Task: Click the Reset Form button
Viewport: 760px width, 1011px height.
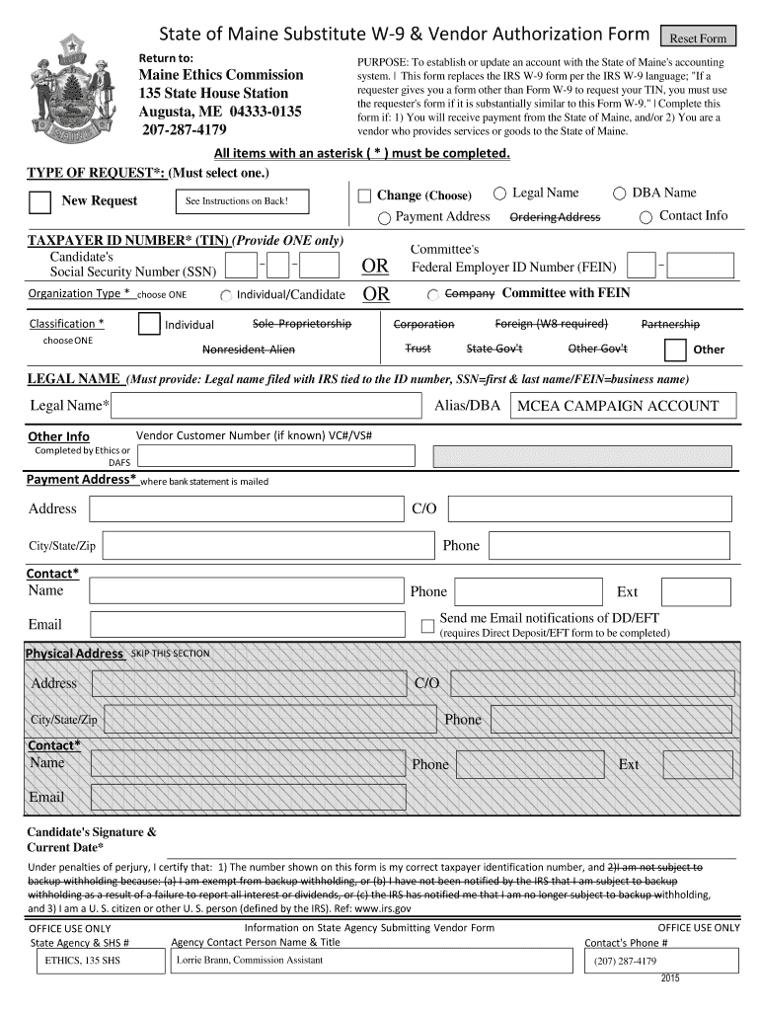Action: point(699,39)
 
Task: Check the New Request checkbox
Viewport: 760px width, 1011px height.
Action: point(40,201)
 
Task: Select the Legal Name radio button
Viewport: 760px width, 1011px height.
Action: point(500,194)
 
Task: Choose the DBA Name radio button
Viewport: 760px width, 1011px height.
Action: point(620,194)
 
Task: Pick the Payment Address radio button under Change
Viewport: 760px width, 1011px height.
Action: point(385,217)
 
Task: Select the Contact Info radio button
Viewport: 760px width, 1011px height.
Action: point(646,217)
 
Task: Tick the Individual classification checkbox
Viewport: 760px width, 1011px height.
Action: point(149,324)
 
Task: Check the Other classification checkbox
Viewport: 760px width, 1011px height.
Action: point(675,350)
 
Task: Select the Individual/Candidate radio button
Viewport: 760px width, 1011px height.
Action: point(226,295)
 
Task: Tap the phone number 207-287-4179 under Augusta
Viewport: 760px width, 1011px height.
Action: point(184,130)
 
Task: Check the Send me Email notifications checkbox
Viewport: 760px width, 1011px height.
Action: point(427,625)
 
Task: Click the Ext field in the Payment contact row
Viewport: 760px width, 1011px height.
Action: point(695,591)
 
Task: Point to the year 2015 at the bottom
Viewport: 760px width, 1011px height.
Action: point(671,978)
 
